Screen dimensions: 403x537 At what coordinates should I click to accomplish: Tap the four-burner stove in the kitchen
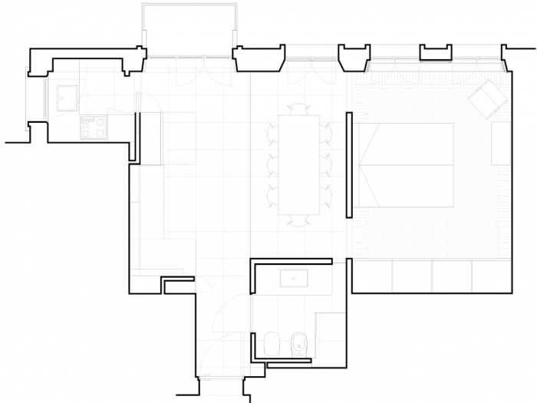(x=93, y=127)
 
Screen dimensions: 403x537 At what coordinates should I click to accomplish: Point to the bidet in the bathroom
(x=300, y=345)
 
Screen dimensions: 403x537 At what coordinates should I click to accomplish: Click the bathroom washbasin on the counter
(x=295, y=277)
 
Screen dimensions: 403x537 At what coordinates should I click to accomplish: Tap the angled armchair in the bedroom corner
(x=488, y=99)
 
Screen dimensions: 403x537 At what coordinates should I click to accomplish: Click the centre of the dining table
(x=298, y=164)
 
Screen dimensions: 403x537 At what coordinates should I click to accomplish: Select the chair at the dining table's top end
(x=299, y=110)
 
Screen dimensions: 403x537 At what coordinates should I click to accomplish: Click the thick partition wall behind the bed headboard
(x=349, y=164)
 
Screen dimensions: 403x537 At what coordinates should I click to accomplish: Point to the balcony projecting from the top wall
(x=189, y=29)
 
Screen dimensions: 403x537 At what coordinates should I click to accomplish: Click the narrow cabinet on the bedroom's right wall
(x=500, y=143)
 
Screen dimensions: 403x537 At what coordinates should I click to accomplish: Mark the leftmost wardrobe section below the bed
(x=372, y=275)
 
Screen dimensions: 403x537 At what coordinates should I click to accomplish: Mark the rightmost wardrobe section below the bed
(x=491, y=275)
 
